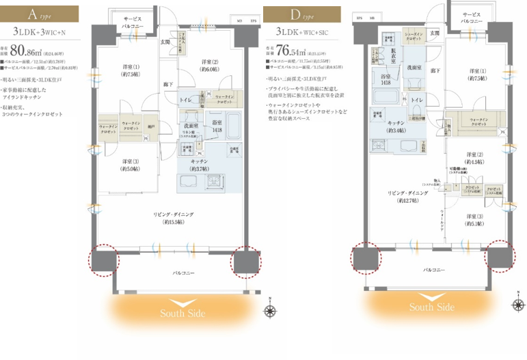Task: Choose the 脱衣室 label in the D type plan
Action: (x=394, y=53)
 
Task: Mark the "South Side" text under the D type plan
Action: (x=431, y=307)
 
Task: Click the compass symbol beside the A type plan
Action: (x=270, y=310)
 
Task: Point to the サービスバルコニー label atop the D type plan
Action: (x=472, y=18)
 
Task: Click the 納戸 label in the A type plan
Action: (x=151, y=126)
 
